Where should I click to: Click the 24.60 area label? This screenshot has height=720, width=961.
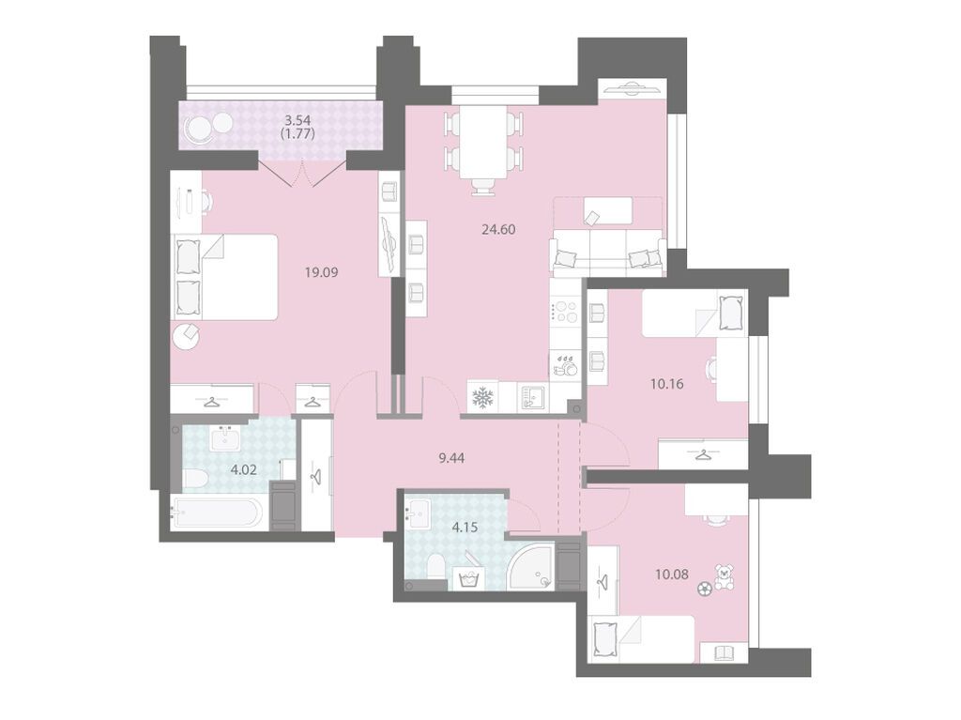(x=498, y=229)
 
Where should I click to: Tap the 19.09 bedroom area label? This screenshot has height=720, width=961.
(x=322, y=271)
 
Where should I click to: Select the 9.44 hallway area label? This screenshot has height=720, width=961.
(x=451, y=457)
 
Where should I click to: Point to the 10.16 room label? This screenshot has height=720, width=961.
(x=667, y=384)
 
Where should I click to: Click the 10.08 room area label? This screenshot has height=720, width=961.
(x=672, y=574)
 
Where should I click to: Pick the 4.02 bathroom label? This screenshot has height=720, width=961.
(x=243, y=471)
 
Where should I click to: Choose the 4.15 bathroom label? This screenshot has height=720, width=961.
(x=465, y=527)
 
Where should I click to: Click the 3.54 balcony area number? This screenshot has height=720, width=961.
(x=297, y=120)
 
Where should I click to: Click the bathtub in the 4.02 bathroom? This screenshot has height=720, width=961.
(x=219, y=513)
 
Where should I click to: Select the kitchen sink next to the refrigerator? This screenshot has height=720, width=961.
(x=533, y=398)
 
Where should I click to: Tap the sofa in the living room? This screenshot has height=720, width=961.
(x=608, y=251)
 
